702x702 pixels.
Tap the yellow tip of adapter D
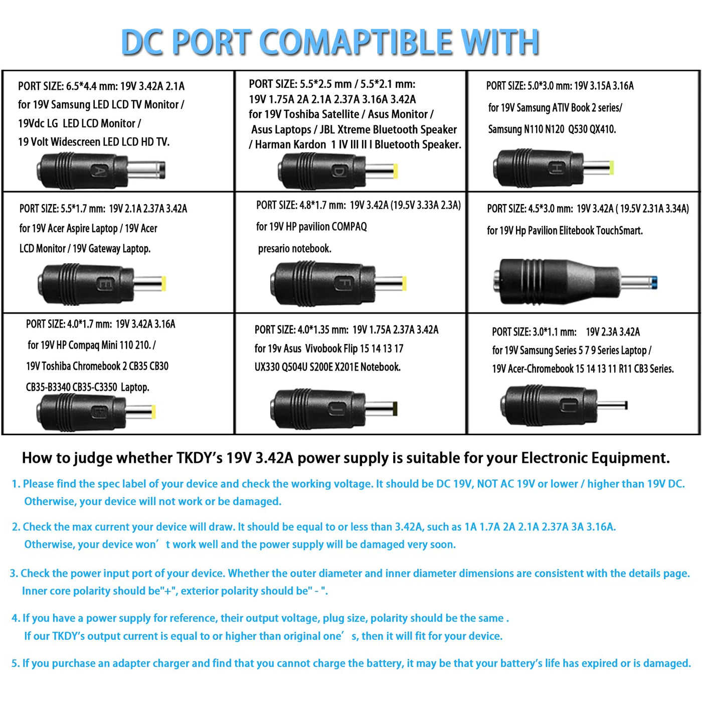[x=395, y=171]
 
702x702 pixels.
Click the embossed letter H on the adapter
[x=557, y=168]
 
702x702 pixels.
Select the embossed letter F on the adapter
[x=343, y=283]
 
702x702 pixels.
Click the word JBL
[x=327, y=130]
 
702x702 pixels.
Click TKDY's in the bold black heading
[x=200, y=458]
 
